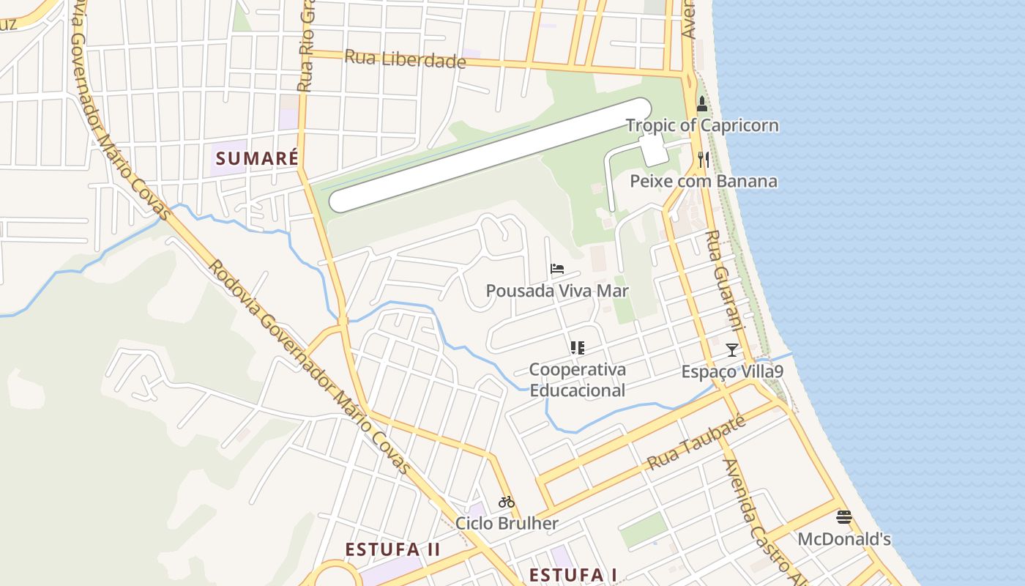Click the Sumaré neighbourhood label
[x=257, y=158]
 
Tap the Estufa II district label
[x=392, y=549]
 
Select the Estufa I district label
[x=573, y=575]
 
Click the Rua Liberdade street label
[x=405, y=59]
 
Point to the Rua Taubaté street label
[x=696, y=442]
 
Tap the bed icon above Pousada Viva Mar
[x=557, y=269]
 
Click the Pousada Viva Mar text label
[x=557, y=291]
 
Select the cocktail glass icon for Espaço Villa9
[x=731, y=349]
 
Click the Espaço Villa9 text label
[x=731, y=371]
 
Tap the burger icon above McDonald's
[x=843, y=517]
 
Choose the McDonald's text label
[x=843, y=539]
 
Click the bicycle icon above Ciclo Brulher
[x=506, y=502]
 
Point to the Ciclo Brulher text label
[x=506, y=523]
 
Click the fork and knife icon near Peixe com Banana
[x=704, y=159]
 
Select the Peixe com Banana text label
[x=704, y=181]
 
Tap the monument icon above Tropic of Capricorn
[x=702, y=103]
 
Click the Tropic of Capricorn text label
[x=702, y=125]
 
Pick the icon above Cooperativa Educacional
[x=577, y=347]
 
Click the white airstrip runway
[x=491, y=155]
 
